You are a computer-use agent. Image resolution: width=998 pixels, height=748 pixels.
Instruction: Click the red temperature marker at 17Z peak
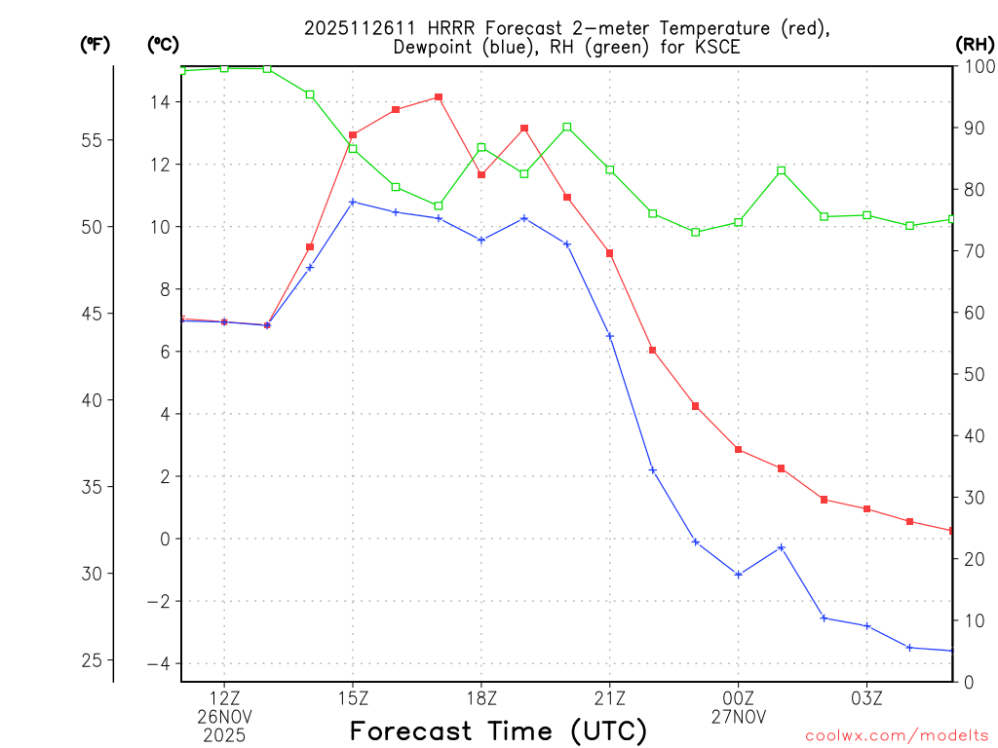(x=439, y=97)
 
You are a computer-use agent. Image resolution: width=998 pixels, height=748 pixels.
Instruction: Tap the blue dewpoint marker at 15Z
(x=353, y=202)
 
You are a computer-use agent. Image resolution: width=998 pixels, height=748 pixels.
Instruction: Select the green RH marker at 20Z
(x=567, y=127)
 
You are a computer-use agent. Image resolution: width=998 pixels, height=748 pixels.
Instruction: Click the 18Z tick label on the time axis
(x=481, y=697)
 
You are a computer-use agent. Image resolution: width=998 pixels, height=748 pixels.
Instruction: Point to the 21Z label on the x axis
(x=610, y=697)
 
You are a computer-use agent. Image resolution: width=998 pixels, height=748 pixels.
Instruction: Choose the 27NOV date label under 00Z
(x=739, y=717)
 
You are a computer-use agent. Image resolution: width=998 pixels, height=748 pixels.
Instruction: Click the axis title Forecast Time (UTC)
(x=498, y=730)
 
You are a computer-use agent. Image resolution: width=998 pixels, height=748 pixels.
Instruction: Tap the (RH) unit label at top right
(x=975, y=44)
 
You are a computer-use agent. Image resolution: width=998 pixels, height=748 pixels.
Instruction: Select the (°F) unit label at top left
(x=96, y=44)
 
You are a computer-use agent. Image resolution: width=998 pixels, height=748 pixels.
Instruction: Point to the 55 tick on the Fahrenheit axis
(x=95, y=140)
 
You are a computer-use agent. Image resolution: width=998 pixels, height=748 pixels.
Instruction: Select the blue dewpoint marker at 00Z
(x=739, y=575)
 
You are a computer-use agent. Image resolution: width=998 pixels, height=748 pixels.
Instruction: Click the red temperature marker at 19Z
(x=524, y=129)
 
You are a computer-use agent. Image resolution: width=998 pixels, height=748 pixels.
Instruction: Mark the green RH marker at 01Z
(x=782, y=170)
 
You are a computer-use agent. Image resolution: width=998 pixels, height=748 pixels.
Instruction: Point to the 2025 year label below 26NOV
(x=224, y=735)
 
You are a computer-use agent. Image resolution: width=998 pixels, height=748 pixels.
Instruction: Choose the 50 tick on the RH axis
(x=972, y=374)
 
